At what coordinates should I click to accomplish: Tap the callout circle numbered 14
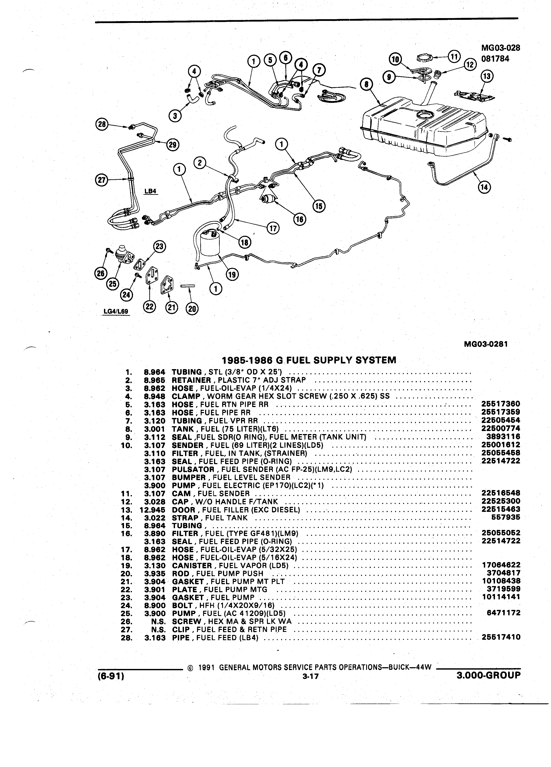[x=485, y=187]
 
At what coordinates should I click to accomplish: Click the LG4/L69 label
[x=116, y=311]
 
